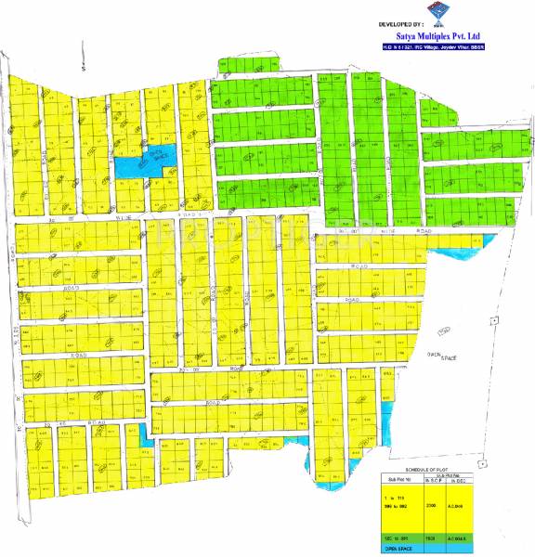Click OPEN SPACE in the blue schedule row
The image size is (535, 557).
tap(400, 549)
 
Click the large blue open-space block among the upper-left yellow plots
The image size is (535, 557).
tap(137, 163)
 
